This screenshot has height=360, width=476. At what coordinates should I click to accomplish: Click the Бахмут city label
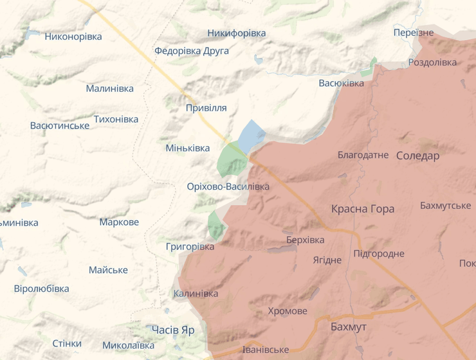pos(348,327)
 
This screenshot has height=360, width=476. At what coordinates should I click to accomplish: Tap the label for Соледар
pos(417,156)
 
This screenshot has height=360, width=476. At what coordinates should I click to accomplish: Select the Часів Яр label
pos(173,329)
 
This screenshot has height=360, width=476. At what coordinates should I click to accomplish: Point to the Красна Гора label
pos(363,209)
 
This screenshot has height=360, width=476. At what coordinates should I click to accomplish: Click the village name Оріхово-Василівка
pos(228,186)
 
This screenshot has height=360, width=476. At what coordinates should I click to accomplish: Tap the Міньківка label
pos(188,148)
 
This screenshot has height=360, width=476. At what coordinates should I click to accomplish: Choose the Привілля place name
pos(206,108)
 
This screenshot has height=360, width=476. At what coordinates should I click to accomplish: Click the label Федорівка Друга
pos(191,51)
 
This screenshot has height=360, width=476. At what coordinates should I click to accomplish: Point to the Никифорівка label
pos(237,33)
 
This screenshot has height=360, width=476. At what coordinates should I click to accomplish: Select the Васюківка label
pos(342,83)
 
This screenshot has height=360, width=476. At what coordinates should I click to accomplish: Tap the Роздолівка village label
pos(432,62)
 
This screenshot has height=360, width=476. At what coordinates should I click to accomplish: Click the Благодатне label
pos(363,155)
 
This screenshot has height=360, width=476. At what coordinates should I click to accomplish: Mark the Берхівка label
pos(305,240)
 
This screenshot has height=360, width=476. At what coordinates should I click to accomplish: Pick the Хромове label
pos(287,311)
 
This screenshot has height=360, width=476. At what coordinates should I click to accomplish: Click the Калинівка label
pos(196,294)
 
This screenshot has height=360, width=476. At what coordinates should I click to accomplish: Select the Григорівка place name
pos(190,247)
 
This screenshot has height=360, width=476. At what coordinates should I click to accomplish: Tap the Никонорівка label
pos(73,37)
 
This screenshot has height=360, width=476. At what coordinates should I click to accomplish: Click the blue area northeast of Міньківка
pos(252,134)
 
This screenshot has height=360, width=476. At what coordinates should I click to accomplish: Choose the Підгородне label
pos(379,253)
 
